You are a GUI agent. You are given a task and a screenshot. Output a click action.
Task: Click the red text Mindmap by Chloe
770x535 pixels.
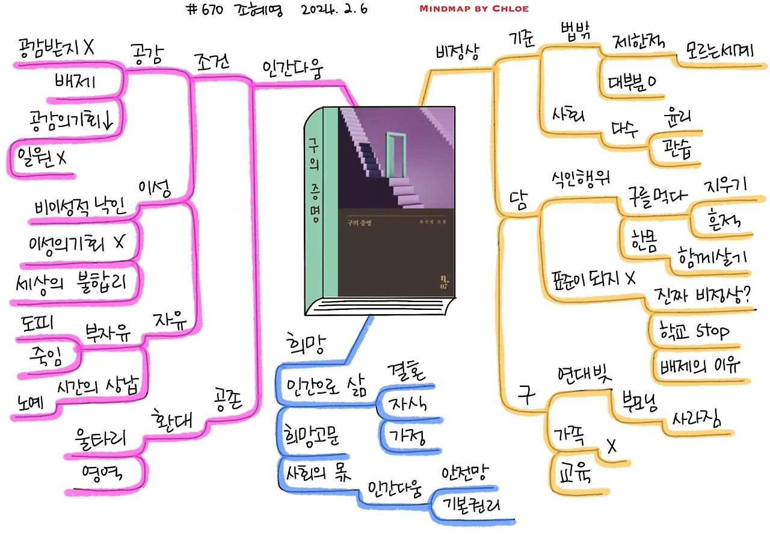click(474, 9)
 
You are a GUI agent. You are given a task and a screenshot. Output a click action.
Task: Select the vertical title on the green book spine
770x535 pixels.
click(312, 180)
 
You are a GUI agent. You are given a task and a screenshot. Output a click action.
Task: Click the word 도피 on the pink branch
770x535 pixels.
click(37, 324)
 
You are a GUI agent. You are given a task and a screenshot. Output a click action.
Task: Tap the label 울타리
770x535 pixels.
click(100, 438)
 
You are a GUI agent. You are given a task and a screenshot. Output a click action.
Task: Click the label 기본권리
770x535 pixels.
click(472, 503)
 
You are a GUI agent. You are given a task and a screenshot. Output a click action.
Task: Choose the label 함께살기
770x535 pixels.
click(712, 257)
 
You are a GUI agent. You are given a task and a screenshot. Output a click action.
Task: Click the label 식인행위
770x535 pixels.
click(581, 179)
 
